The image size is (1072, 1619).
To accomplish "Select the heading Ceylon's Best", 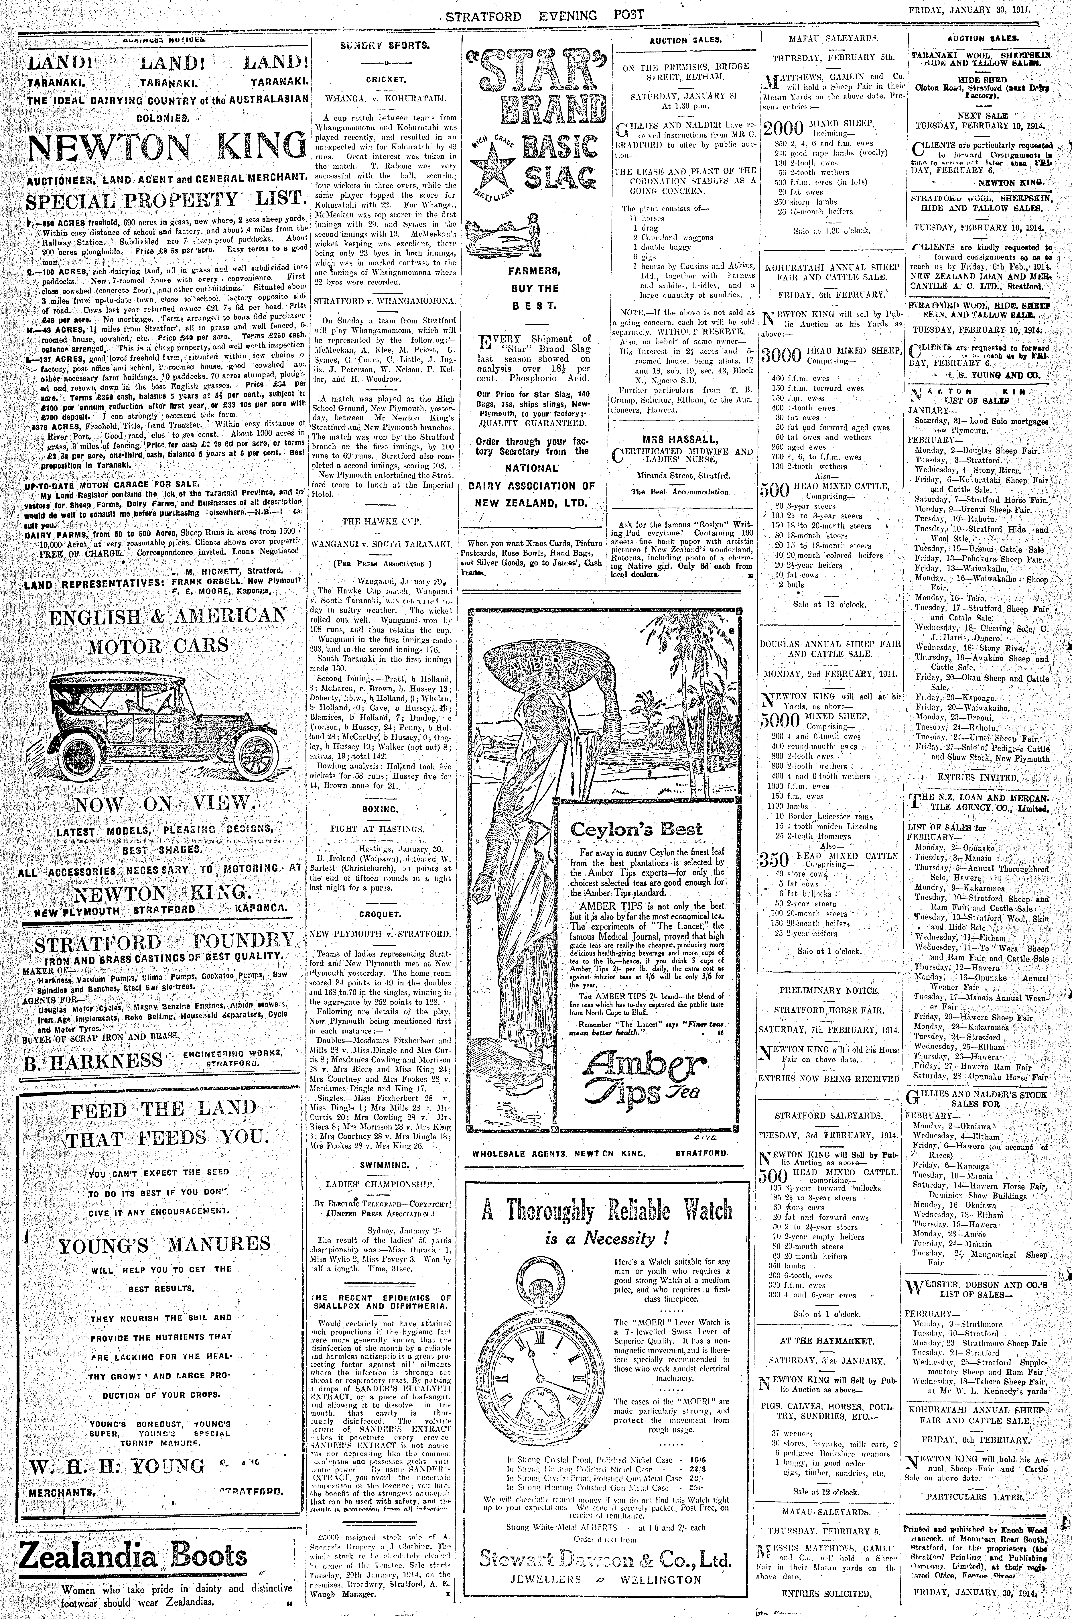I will click(x=636, y=829).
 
